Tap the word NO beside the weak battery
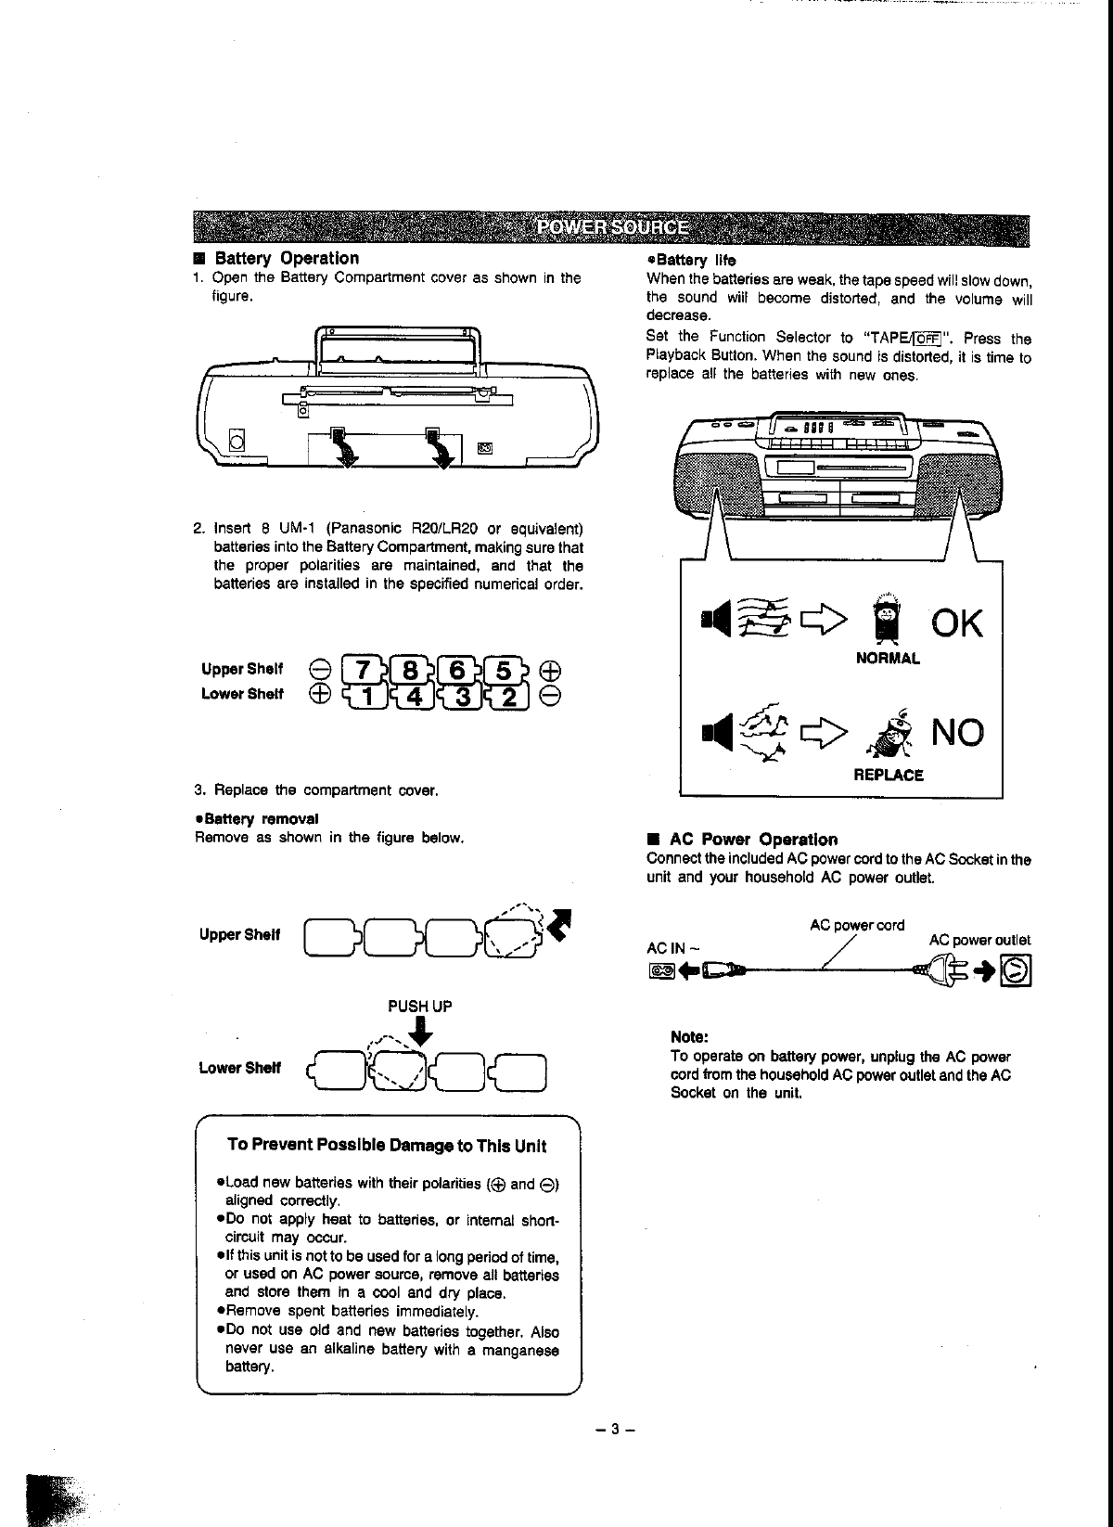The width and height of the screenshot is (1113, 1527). (956, 734)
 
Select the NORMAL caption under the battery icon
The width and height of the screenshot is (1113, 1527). (888, 659)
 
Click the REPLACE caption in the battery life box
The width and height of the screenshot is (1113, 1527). (888, 775)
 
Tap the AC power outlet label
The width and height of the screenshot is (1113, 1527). (979, 940)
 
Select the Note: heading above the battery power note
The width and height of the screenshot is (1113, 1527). (689, 1036)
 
